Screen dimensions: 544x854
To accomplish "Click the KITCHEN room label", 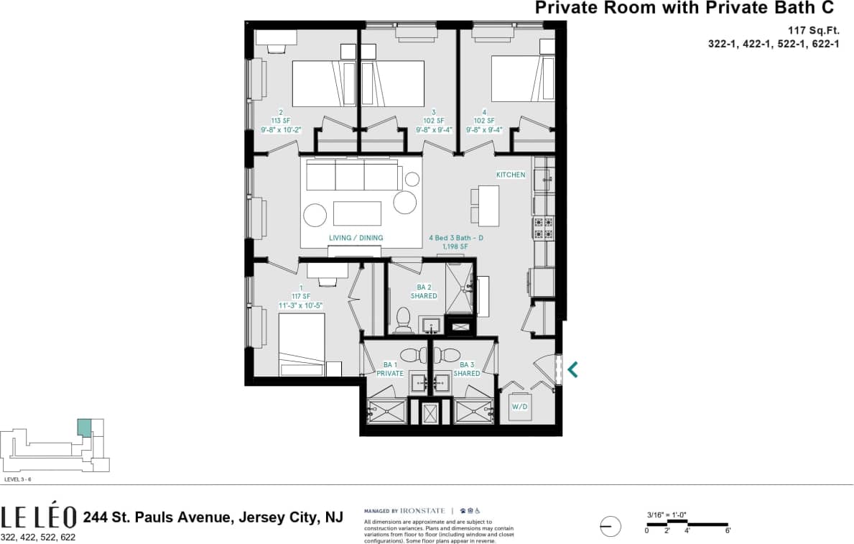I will (x=511, y=175).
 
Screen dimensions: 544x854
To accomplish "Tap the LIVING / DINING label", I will (x=356, y=238).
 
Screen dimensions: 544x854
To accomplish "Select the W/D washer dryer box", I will (x=519, y=407).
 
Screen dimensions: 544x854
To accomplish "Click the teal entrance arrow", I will (x=572, y=369).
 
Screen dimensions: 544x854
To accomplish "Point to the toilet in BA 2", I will (x=403, y=317).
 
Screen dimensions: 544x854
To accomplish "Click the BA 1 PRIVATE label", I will (x=390, y=369).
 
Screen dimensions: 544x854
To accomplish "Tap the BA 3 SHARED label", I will (x=466, y=369).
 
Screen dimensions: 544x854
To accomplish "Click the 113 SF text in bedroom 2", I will (x=280, y=121).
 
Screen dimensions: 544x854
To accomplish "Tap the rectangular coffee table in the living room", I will (x=357, y=213).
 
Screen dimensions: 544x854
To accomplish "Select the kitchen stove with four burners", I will (x=542, y=229).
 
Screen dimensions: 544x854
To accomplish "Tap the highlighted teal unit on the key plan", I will (x=84, y=428).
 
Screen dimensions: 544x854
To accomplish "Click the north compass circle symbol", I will (x=610, y=527).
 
